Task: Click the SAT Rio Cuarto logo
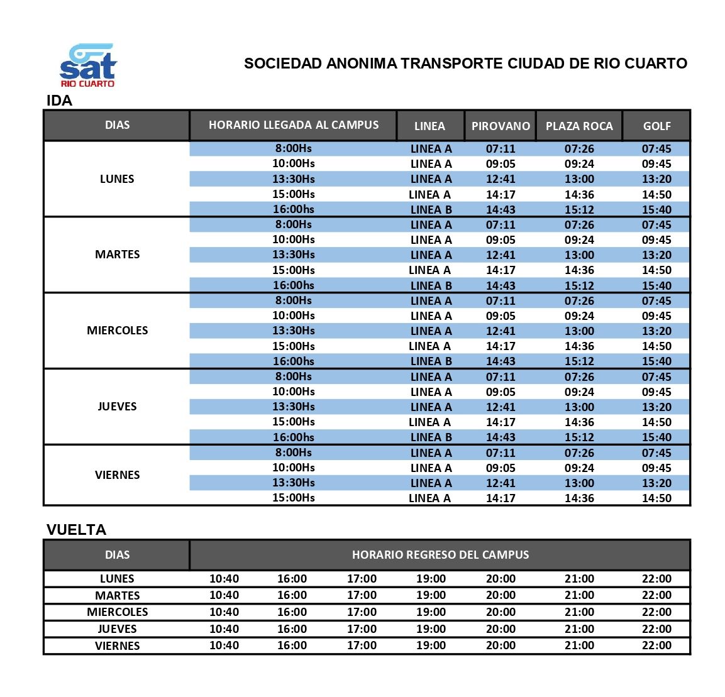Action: click(x=88, y=65)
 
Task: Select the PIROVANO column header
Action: click(x=501, y=126)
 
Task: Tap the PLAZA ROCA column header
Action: click(x=579, y=126)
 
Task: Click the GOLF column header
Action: click(x=656, y=126)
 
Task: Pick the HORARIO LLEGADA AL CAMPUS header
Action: click(x=294, y=125)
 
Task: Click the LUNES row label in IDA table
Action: click(x=117, y=179)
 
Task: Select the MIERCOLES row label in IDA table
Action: click(x=117, y=331)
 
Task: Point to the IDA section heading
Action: click(x=60, y=101)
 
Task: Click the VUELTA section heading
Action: click(x=76, y=530)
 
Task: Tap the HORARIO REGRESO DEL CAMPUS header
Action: click(x=440, y=555)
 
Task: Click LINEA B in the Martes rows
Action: click(x=431, y=285)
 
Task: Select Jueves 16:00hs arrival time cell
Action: click(x=294, y=437)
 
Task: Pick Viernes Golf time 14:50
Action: click(x=656, y=498)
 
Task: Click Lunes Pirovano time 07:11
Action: click(x=501, y=149)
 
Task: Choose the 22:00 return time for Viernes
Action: click(x=656, y=645)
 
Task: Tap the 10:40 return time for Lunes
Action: click(x=224, y=579)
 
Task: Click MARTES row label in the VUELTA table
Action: click(x=117, y=595)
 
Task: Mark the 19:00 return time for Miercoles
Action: click(x=431, y=612)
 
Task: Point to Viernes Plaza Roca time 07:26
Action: click(x=579, y=453)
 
